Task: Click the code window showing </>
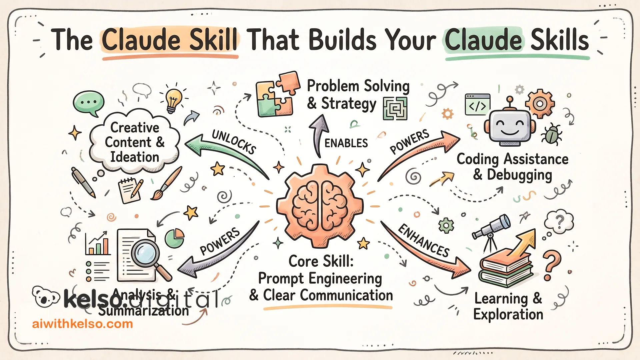[478, 105]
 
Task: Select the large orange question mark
[551, 265]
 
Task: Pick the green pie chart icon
[175, 238]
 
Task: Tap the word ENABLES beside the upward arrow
[346, 143]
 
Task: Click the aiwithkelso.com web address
[82, 324]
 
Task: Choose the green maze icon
[395, 108]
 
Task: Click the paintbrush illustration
[167, 183]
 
